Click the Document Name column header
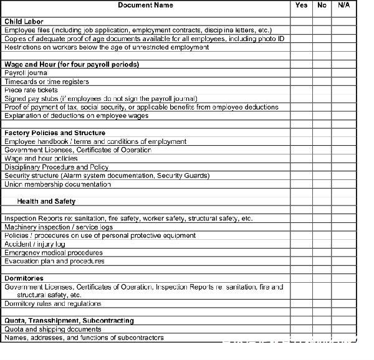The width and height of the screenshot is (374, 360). (x=145, y=6)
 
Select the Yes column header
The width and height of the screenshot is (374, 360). (x=302, y=6)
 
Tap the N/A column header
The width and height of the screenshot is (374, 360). (x=343, y=6)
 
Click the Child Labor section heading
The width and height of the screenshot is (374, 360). (x=24, y=22)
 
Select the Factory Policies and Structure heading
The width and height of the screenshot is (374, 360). (x=55, y=133)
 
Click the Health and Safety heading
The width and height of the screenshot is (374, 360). (x=46, y=202)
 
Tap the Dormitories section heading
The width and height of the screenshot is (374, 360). (x=24, y=278)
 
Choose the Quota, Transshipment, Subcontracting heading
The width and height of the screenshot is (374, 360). (x=69, y=321)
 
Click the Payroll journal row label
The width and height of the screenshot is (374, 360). (x=26, y=73)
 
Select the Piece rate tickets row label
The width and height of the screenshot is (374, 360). (x=31, y=90)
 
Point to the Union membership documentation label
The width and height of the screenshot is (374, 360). (x=58, y=184)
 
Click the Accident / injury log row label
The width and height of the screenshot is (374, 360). (x=35, y=244)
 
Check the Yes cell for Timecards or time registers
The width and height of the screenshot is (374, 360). (x=302, y=82)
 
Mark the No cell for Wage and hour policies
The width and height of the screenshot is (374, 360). (x=322, y=159)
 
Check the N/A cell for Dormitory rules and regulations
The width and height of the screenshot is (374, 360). (x=343, y=304)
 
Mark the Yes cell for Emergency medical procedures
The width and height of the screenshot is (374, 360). (x=302, y=253)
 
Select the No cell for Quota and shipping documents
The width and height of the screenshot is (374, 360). (x=322, y=329)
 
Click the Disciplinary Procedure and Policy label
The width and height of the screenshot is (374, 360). (x=56, y=168)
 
